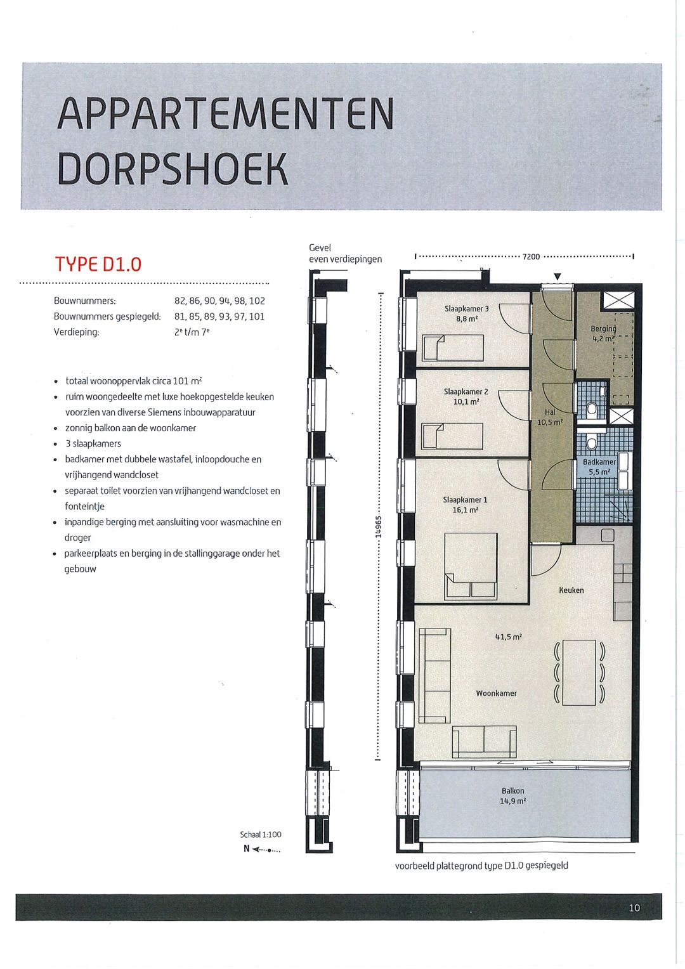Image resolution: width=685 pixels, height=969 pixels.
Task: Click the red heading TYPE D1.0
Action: point(98,264)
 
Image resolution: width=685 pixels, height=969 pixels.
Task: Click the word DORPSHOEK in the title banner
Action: point(173,169)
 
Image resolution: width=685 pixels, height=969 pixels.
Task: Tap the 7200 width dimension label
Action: point(531,257)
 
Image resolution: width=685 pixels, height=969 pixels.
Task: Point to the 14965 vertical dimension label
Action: point(379,526)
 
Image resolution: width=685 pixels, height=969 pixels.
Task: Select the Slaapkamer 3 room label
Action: point(466,309)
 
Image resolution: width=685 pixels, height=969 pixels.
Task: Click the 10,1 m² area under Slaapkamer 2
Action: point(466,402)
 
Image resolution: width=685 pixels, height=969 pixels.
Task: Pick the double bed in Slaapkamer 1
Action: point(470,565)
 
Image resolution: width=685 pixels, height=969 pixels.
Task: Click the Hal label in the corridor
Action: point(549,412)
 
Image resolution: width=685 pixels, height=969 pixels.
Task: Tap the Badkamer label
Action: point(599,462)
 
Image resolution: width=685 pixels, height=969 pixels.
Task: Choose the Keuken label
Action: point(571,590)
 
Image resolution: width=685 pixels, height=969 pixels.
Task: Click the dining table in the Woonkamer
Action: point(578,672)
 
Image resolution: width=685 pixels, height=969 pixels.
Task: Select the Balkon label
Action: point(512,791)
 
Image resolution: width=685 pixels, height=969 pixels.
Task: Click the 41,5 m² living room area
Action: point(508,637)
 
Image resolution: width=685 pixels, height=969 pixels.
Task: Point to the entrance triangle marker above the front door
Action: point(557,276)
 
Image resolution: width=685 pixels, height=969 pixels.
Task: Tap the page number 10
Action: point(634,908)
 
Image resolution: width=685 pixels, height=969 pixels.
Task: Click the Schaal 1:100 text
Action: point(260,835)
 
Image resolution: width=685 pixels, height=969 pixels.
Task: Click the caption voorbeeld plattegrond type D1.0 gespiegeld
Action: point(481,866)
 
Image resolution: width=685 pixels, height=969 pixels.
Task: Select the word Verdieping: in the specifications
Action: point(76,332)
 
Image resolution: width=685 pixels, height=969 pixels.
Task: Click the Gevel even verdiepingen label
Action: point(345,253)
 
